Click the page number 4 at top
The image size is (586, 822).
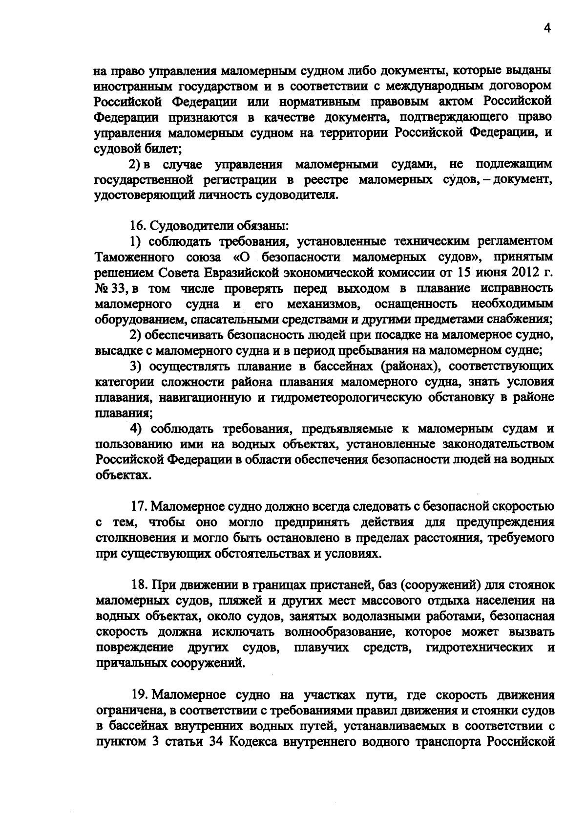pyautogui.click(x=547, y=29)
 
